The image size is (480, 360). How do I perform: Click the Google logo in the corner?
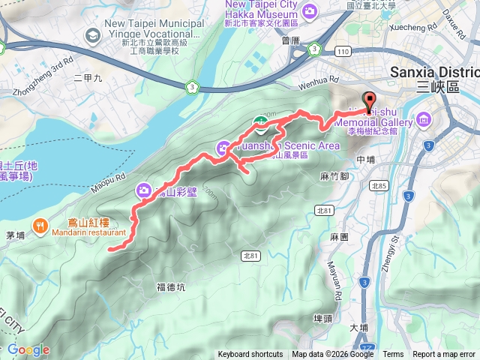[28, 349]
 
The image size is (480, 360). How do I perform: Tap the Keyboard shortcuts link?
[250, 355]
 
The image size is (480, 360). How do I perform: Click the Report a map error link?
[443, 355]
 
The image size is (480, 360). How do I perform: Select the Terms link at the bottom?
[393, 355]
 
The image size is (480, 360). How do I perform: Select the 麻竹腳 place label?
[334, 176]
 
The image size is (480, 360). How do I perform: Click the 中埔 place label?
[366, 160]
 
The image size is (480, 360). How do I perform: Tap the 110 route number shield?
[343, 51]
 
